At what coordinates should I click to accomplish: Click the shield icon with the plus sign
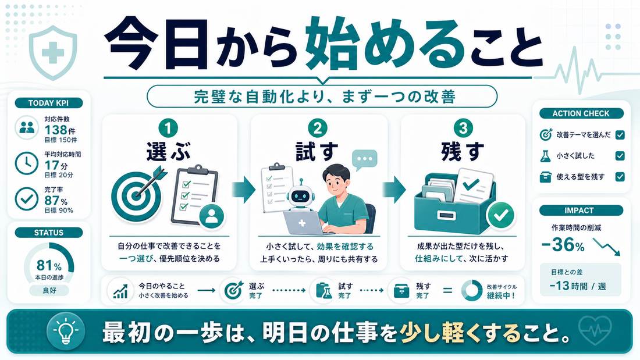pyautogui.click(x=53, y=53)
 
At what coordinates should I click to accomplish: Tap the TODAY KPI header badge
pyautogui.click(x=48, y=103)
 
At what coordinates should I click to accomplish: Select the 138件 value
pyautogui.click(x=59, y=130)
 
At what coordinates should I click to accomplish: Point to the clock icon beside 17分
pyautogui.click(x=27, y=163)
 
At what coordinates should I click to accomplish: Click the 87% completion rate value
pyautogui.click(x=56, y=201)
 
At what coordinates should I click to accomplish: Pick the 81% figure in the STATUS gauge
pyautogui.click(x=49, y=265)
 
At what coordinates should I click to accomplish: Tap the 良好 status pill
pyautogui.click(x=49, y=291)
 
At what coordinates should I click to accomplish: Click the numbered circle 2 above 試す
pyautogui.click(x=318, y=129)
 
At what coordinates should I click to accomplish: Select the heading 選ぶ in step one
pyautogui.click(x=169, y=152)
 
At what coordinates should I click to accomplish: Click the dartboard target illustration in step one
pyautogui.click(x=136, y=194)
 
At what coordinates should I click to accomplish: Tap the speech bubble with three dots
pyautogui.click(x=364, y=159)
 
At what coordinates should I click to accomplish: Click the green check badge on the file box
pyautogui.click(x=501, y=215)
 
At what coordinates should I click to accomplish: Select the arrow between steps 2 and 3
pyautogui.click(x=394, y=190)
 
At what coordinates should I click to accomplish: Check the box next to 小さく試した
pyautogui.click(x=620, y=155)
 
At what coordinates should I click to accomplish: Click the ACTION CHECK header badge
pyautogui.click(x=581, y=113)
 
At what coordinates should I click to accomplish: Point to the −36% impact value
pyautogui.click(x=563, y=244)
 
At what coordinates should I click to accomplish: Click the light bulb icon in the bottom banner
pyautogui.click(x=66, y=331)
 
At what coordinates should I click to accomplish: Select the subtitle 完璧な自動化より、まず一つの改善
pyautogui.click(x=325, y=97)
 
